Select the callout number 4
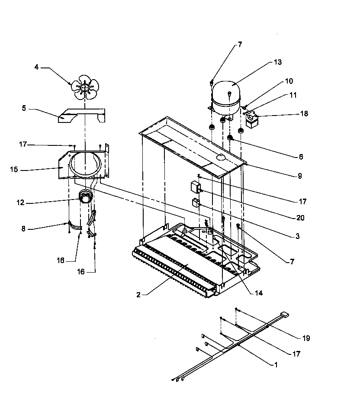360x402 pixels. point(37,67)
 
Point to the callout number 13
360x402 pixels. point(277,62)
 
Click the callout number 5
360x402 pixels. point(24,109)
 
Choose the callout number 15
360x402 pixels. point(14,169)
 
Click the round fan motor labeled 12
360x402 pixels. point(86,198)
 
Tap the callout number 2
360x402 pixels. point(138,295)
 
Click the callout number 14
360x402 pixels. point(258,293)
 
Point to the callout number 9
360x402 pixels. point(299,176)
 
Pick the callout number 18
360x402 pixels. point(304,114)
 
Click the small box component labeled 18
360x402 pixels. point(251,120)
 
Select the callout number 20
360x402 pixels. point(300,218)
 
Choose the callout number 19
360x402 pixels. point(306,338)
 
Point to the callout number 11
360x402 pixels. point(293,95)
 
